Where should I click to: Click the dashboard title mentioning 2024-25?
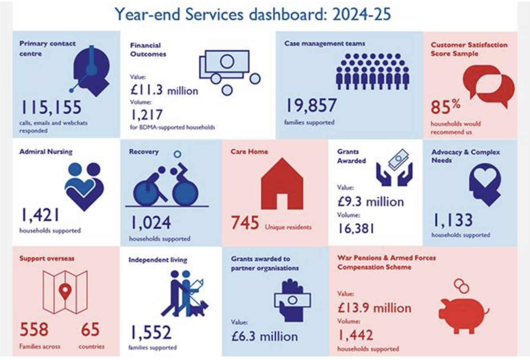253,14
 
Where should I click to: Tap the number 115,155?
51,107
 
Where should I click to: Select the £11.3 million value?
164,90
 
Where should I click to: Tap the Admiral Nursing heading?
46,151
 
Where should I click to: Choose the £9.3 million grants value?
371,202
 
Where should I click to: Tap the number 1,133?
453,220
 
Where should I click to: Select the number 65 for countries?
90,329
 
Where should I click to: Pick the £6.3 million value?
264,336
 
